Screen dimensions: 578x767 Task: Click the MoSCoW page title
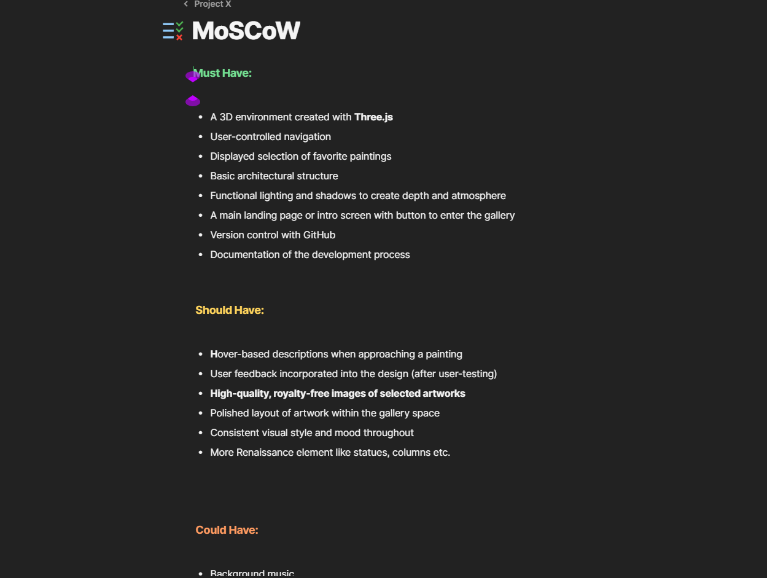coord(246,31)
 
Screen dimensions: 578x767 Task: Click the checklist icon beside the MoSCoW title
coord(173,31)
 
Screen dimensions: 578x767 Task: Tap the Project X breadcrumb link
coord(212,4)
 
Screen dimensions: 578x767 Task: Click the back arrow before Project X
coord(186,4)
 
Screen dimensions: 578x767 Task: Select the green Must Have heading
coord(224,73)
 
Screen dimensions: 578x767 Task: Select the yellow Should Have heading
coord(230,310)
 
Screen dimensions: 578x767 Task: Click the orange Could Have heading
coord(227,530)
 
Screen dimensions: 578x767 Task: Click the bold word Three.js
coord(373,117)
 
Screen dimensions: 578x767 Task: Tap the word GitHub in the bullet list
coord(319,235)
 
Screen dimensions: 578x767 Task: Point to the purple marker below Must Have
coord(193,101)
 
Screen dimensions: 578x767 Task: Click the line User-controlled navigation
coord(270,137)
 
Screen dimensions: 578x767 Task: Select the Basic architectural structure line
coord(274,176)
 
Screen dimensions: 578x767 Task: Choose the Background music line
coord(252,573)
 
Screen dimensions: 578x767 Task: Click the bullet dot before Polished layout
coord(201,413)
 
